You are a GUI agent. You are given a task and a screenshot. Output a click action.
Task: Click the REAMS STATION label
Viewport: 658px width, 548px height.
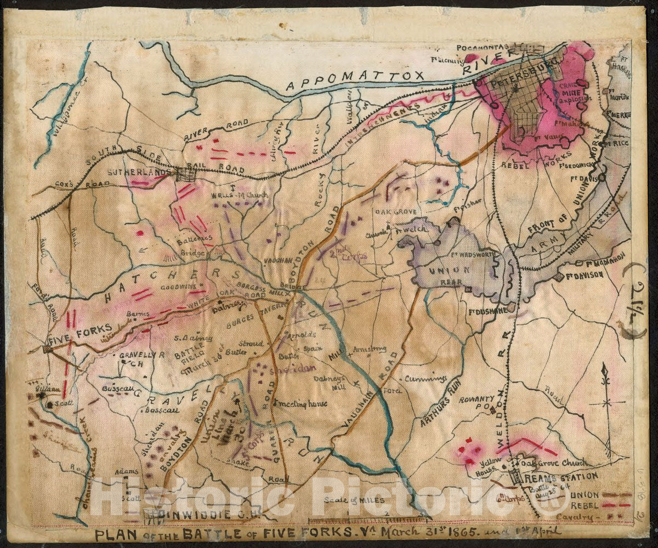point(554,478)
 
